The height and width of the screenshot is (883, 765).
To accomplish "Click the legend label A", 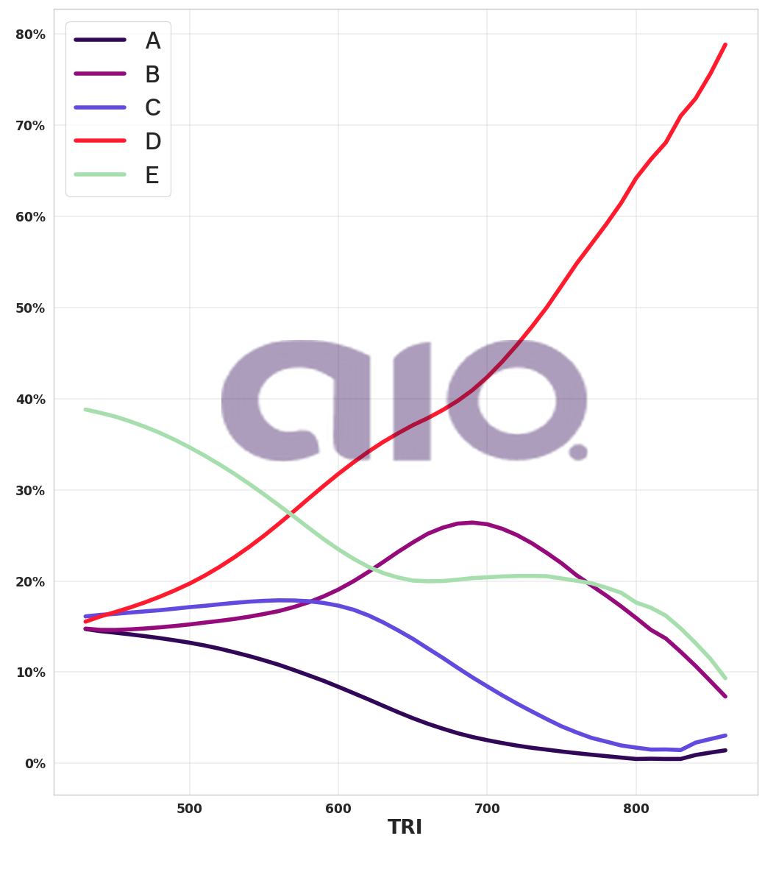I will (x=152, y=41).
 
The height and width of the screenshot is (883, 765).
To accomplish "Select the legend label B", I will (x=152, y=75).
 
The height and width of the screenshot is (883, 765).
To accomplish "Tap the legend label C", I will (x=152, y=108).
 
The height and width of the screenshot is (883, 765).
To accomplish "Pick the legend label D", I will (x=152, y=142).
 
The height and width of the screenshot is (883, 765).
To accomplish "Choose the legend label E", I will (x=152, y=176).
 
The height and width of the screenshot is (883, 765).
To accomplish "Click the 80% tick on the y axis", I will (x=30, y=35).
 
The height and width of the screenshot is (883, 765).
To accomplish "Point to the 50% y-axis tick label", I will (x=30, y=308).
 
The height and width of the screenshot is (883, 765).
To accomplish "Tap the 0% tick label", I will (x=35, y=764).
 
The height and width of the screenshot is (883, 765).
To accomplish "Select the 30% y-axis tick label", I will (x=30, y=490).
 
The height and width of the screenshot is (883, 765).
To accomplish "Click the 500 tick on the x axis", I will (x=190, y=809).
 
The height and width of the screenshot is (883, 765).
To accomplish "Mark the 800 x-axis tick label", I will (x=636, y=809).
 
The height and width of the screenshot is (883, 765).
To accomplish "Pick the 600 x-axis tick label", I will (x=338, y=809).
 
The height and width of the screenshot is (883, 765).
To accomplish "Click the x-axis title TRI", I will (x=405, y=828).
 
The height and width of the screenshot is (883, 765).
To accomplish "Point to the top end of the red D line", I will (x=725, y=45).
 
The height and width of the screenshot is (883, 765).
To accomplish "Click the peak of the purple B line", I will (x=472, y=522).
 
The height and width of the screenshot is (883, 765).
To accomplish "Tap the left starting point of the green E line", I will (x=85, y=409).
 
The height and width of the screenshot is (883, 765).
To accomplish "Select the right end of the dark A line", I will (x=725, y=750).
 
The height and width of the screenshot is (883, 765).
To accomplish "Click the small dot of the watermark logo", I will (x=578, y=452).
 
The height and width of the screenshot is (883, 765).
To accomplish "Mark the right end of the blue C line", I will (x=725, y=735).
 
